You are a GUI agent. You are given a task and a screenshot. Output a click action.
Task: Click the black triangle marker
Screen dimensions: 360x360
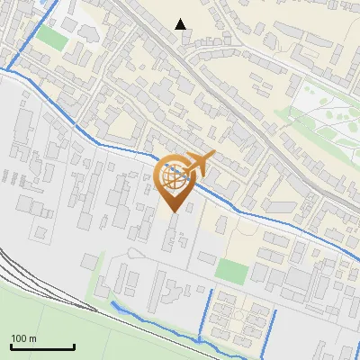coord(181,24)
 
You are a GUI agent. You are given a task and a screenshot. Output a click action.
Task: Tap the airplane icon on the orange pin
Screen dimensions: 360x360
coord(199,163)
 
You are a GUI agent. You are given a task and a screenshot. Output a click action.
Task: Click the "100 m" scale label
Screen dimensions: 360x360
coord(23,338)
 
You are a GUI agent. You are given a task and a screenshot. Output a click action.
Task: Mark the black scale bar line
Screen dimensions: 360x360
coord(42,346)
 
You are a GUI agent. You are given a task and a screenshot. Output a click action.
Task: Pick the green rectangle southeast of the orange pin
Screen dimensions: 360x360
coord(232,270)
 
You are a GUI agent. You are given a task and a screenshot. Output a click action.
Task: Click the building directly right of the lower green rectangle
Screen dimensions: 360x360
coord(263,272)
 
